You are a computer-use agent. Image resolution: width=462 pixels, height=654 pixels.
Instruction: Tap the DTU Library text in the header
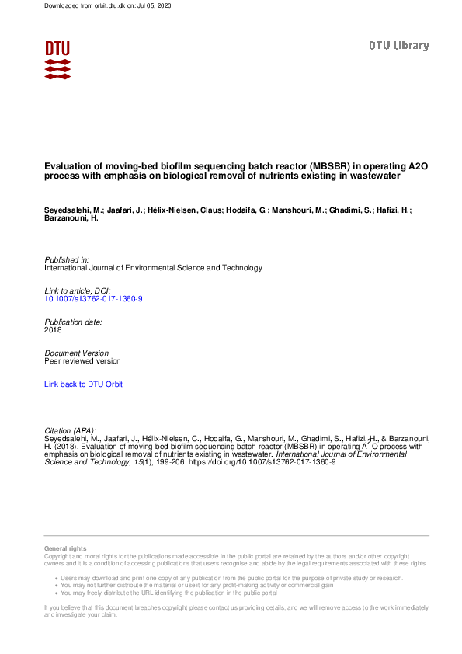398,46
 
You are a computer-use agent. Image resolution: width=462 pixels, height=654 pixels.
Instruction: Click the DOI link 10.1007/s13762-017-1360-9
93,298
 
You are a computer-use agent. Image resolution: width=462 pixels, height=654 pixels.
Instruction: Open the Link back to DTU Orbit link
83,384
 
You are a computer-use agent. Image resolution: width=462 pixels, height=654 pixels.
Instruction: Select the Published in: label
67,259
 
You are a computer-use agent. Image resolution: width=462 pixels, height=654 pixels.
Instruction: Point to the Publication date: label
73,322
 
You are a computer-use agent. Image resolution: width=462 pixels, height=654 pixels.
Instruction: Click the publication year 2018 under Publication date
53,329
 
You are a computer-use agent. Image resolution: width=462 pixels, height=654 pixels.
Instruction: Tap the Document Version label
76,353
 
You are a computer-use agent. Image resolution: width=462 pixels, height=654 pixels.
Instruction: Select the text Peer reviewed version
82,360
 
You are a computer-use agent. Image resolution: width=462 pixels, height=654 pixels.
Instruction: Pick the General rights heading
66,549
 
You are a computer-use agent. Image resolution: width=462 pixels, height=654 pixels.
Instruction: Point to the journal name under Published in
153,267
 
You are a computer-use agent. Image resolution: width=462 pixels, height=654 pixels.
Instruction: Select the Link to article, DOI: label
78,290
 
